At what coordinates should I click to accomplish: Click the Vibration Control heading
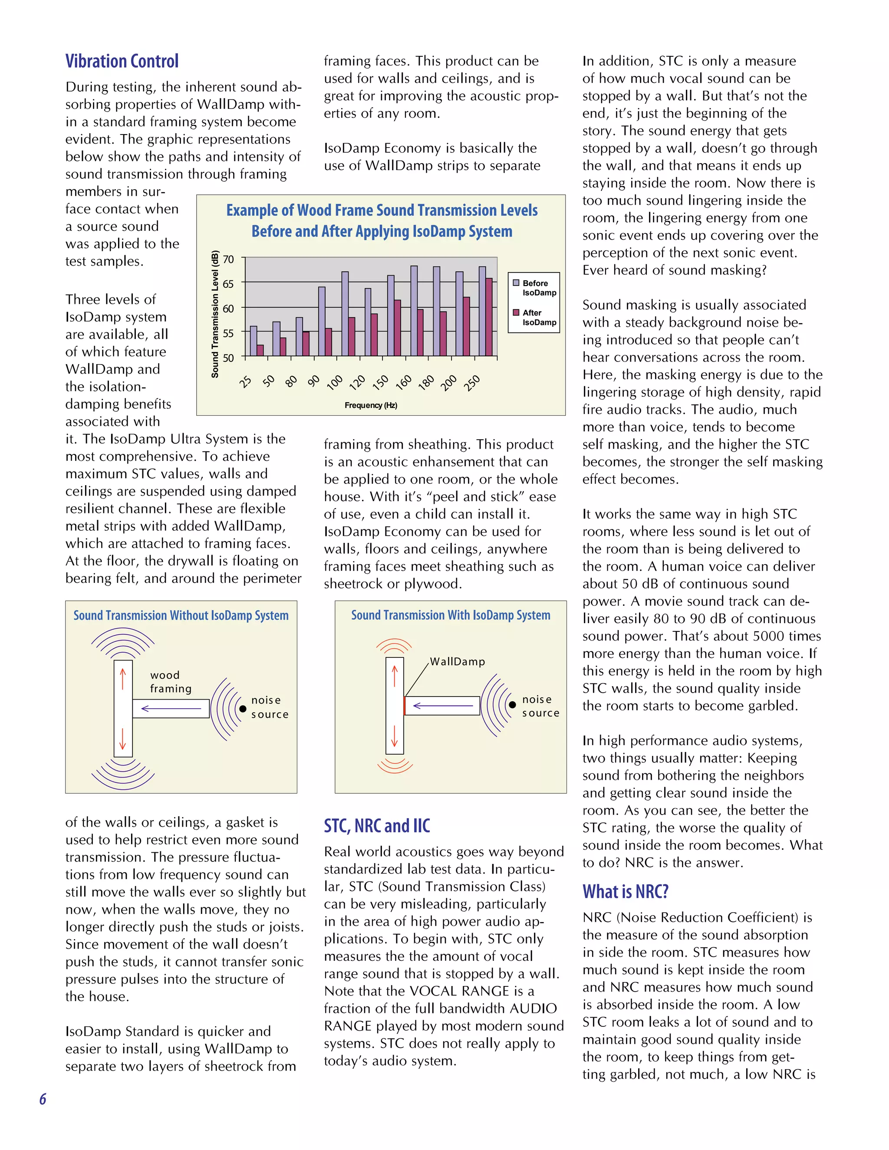[122, 61]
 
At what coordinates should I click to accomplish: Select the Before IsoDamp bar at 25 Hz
[254, 341]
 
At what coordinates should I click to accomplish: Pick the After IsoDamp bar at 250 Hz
[489, 317]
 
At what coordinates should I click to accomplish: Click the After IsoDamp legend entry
[534, 318]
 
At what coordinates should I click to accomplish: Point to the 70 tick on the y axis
[228, 259]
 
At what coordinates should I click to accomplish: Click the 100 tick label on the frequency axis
[335, 382]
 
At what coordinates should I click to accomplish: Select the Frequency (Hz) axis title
[371, 405]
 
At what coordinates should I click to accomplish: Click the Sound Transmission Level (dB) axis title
[215, 314]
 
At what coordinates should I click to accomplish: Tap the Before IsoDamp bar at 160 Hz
[414, 311]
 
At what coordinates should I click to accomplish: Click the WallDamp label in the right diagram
[457, 662]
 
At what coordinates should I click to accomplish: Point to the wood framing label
[170, 682]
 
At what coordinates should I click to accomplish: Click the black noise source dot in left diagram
[243, 709]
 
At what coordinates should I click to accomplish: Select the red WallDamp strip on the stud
[404, 706]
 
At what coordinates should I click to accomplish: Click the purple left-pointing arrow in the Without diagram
[171, 709]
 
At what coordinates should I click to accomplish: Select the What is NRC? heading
[625, 891]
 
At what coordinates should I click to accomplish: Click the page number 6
[43, 1099]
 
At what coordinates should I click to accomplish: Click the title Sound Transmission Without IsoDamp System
[181, 615]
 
